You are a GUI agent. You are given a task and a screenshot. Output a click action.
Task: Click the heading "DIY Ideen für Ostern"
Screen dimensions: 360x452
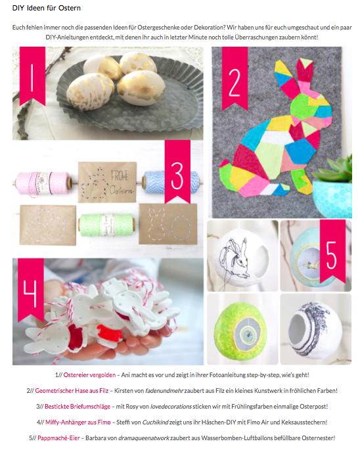coord(47,8)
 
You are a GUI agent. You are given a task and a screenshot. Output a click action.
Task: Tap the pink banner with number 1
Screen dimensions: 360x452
coord(32,75)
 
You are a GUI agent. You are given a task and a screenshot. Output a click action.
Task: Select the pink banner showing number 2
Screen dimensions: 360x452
coord(235,78)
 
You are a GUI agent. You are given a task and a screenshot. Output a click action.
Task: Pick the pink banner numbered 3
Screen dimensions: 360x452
coord(177,171)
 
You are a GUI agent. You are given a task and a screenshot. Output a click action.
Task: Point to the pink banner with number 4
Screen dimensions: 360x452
coord(31,290)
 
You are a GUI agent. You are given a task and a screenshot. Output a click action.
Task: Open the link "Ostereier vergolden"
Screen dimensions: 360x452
coord(89,375)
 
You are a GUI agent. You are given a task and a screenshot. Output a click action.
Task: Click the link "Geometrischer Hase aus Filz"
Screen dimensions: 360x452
coord(72,391)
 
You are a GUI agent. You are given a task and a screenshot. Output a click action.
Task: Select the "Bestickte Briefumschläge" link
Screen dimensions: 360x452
coord(78,407)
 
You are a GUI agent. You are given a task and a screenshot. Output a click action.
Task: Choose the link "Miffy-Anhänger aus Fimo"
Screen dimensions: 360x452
coord(78,422)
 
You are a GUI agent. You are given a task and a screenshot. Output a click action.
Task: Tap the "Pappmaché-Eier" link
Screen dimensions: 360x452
coord(58,438)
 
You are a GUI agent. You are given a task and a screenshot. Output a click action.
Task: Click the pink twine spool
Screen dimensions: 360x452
coord(43,183)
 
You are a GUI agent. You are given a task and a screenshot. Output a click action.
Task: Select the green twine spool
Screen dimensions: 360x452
coord(106,225)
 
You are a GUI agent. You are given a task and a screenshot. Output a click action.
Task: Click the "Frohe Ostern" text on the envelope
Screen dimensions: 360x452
coord(122,182)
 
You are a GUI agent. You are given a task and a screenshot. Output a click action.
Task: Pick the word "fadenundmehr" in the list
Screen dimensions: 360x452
coord(164,391)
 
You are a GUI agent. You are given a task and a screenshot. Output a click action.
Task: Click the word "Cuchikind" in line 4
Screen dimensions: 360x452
coord(155,422)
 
